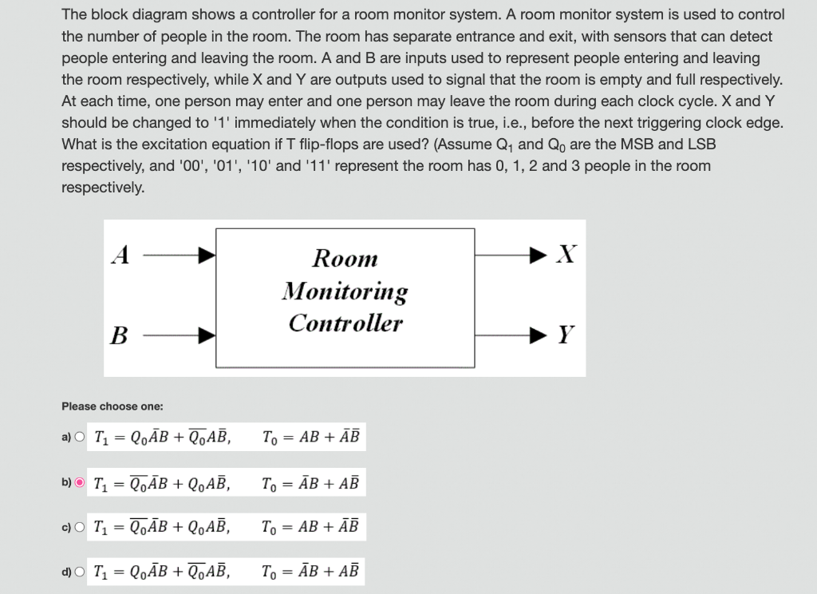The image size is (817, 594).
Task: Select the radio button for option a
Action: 79,437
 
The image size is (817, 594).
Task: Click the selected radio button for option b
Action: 80,482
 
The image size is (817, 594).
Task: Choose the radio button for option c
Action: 79,526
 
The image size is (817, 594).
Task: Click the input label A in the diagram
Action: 120,255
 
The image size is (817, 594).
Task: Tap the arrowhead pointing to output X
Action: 546,255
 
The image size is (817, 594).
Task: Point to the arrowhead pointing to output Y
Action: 546,335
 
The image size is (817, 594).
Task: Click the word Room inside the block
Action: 345,258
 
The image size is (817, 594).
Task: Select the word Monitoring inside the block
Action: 345,291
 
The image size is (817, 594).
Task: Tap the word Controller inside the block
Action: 345,323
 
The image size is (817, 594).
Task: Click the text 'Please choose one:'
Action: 112,406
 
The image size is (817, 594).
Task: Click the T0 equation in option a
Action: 311,437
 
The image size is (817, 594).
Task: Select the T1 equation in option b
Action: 162,482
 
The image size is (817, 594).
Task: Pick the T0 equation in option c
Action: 311,526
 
